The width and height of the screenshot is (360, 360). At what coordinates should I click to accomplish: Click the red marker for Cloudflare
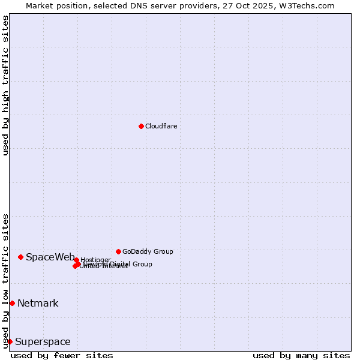[x=141, y=126]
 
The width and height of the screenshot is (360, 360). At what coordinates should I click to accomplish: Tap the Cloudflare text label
[x=161, y=126]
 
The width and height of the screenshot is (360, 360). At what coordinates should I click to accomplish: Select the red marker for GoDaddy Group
[x=118, y=251]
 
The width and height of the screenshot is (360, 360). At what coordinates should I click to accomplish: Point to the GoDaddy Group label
[x=148, y=251]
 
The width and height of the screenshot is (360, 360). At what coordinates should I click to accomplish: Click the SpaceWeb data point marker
[x=20, y=257]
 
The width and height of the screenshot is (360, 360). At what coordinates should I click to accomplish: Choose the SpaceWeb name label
[x=50, y=257]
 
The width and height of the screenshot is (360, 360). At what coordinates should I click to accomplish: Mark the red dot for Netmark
[x=12, y=303]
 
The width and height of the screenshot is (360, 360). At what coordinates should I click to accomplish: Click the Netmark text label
[x=38, y=304]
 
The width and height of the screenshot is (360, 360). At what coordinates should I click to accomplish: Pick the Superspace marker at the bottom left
[x=10, y=341]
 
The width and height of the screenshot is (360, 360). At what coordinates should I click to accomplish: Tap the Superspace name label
[x=43, y=342]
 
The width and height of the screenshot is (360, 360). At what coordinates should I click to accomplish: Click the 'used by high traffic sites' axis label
[x=5, y=85]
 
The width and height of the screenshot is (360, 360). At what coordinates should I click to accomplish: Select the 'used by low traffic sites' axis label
[x=5, y=281]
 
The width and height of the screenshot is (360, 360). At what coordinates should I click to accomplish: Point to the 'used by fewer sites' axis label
[x=62, y=355]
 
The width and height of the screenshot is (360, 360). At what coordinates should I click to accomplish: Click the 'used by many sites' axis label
[x=301, y=355]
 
